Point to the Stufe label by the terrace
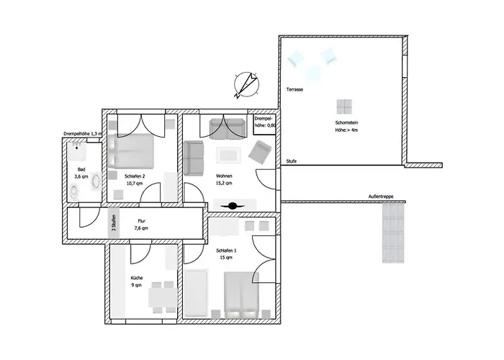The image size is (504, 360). [x=291, y=161]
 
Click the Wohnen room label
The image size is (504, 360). [x=224, y=176]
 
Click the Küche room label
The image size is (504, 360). [x=137, y=278]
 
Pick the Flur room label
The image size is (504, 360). [x=141, y=221]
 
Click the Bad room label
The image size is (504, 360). [x=81, y=168]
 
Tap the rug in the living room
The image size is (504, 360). [x=228, y=155]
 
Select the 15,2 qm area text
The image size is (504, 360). [x=224, y=184]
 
